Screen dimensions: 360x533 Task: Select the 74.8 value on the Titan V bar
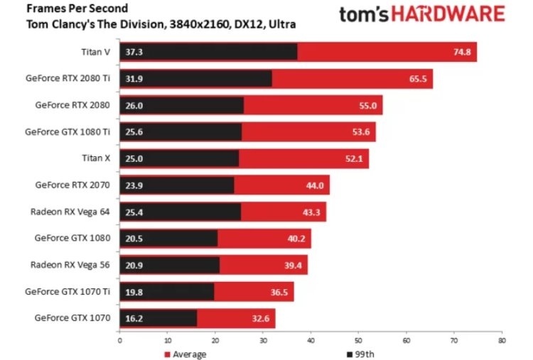click(x=462, y=53)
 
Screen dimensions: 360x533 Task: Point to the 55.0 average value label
click(x=368, y=105)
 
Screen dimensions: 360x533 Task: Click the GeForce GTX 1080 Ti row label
click(x=68, y=131)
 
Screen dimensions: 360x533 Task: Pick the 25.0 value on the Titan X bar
click(x=134, y=158)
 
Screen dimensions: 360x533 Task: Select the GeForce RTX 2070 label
click(x=73, y=185)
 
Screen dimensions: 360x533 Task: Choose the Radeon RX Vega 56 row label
click(x=70, y=264)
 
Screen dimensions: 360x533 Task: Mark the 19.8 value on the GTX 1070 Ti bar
click(x=134, y=291)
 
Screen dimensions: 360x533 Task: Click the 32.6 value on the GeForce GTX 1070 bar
click(x=261, y=318)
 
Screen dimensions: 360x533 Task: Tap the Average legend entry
click(x=187, y=354)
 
